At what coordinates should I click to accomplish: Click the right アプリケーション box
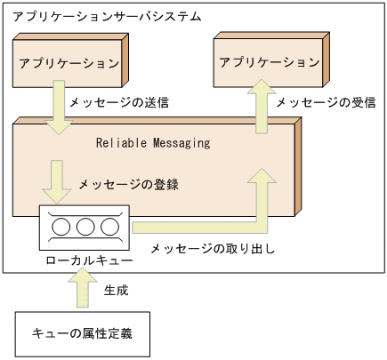[269, 63]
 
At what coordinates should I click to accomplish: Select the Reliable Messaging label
[153, 142]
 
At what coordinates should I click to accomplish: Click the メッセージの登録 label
[129, 185]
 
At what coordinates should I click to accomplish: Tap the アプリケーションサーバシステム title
[107, 17]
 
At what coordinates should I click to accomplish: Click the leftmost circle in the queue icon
[62, 228]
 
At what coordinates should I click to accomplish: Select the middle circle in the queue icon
[85, 228]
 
